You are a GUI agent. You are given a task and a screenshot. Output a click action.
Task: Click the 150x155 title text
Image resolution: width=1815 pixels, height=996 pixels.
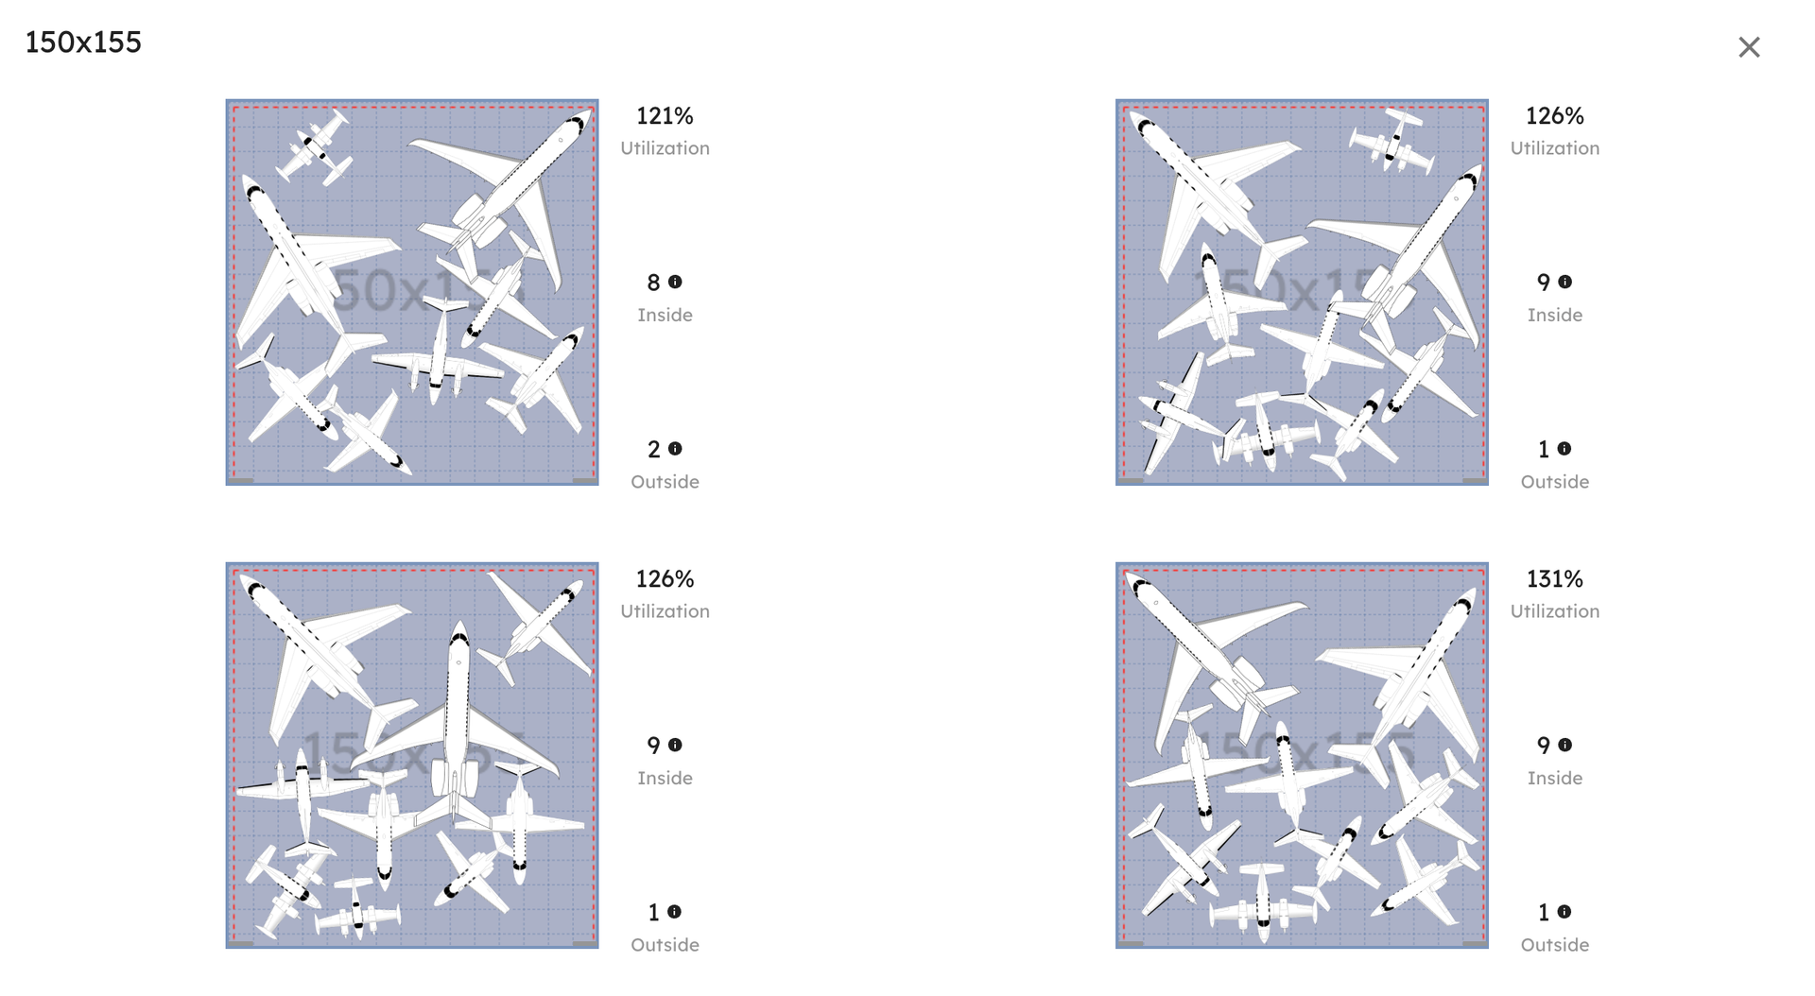click(83, 43)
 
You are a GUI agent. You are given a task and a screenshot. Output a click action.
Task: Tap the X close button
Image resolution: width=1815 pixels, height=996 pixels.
click(1749, 47)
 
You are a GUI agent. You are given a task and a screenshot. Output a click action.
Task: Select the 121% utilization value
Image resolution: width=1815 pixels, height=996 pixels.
click(665, 116)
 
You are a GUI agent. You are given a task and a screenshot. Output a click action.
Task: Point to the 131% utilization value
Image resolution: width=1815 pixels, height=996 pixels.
click(1554, 579)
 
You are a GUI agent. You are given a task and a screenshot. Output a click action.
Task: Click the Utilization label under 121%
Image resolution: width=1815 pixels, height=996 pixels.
click(665, 148)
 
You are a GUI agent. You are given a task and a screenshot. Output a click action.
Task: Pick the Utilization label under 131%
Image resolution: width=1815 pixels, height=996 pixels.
click(1554, 611)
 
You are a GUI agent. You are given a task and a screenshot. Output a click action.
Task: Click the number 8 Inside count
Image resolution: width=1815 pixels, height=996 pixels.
click(653, 283)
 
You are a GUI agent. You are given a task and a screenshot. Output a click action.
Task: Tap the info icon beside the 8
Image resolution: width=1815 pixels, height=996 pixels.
click(675, 282)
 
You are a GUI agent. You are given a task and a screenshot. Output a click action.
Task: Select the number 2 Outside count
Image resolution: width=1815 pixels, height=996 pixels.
click(653, 450)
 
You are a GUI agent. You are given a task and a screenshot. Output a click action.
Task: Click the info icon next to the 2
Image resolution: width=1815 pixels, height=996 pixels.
click(675, 449)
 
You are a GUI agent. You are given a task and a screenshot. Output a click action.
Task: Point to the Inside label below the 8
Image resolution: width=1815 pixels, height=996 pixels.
click(665, 315)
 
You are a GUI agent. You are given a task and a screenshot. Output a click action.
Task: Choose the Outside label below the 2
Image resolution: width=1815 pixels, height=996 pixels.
click(665, 482)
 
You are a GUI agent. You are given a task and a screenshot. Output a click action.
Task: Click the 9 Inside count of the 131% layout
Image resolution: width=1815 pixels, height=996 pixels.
click(1543, 746)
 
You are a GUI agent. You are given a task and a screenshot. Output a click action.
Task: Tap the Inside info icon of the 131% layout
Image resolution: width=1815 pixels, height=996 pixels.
click(1564, 745)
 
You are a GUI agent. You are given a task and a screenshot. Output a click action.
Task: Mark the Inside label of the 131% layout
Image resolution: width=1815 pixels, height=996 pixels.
click(1554, 778)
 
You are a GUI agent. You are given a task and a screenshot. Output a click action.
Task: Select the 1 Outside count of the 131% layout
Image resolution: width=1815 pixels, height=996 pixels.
click(1543, 913)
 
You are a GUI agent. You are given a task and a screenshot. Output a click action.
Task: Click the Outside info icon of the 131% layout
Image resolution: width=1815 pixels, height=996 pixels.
click(1564, 912)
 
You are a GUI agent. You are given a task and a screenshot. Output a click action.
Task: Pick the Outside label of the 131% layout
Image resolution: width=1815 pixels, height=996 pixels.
click(1554, 945)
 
